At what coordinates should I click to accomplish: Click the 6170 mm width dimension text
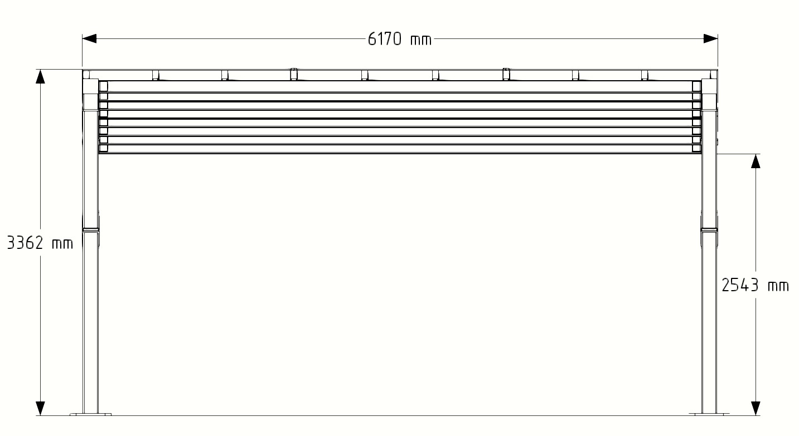[x=399, y=39]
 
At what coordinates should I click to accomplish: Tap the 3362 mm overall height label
[x=40, y=243]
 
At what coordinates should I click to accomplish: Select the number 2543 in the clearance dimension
[x=740, y=286]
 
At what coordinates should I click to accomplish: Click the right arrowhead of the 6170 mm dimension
[x=710, y=39]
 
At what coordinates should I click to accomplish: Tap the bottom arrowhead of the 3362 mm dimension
[x=40, y=408]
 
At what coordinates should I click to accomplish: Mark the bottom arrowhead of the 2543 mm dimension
[x=756, y=408]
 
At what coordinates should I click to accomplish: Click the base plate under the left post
[x=90, y=414]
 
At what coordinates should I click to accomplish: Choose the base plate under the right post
[x=709, y=414]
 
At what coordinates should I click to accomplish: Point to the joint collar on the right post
[x=709, y=229]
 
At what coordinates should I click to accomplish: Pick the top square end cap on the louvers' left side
[x=103, y=86]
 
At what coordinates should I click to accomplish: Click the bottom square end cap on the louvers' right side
[x=696, y=149]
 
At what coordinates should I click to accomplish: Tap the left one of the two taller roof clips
[x=293, y=74]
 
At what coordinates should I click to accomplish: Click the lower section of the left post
[x=90, y=323]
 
